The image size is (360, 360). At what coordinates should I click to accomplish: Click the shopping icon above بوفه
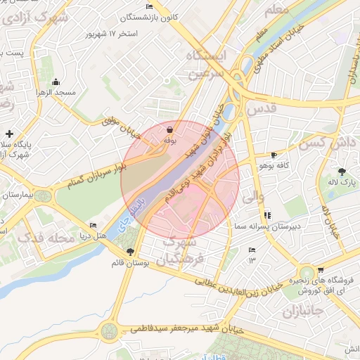coord(169,130)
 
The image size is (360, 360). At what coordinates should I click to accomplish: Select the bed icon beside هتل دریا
coord(93,226)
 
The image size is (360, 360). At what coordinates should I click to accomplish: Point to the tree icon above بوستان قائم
coord(129,251)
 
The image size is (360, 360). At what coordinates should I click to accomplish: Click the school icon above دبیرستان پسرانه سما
coord(268,215)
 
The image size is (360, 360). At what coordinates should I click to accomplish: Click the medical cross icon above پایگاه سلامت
coord(9,133)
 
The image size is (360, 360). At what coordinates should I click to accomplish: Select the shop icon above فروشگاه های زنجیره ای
coord(321,269)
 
